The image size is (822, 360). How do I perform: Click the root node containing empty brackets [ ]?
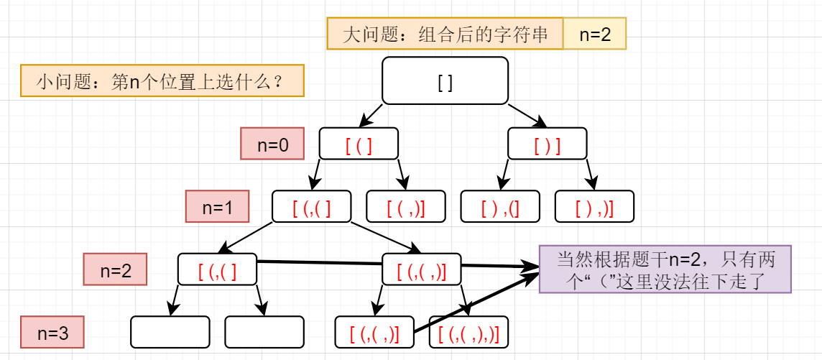coord(445,80)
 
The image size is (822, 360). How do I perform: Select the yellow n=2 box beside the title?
coord(595,34)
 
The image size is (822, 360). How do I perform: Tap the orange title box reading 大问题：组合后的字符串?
coord(445,34)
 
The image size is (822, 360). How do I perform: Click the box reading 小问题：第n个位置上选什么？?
coord(162,80)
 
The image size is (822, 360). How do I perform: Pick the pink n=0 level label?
coord(272,143)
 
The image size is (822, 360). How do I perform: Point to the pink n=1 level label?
coord(217,206)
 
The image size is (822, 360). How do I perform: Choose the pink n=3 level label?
coord(52,332)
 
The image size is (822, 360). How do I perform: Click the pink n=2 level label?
coord(115,269)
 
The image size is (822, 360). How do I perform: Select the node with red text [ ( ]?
coord(359,143)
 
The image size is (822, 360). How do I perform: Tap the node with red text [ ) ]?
coord(548,143)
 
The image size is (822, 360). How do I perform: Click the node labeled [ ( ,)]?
coord(406,206)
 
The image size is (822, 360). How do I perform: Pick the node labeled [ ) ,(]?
coord(500,206)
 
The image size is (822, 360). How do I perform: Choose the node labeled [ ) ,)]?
coord(594,206)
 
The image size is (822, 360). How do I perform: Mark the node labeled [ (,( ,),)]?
coord(468,332)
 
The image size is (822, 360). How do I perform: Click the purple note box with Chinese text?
coord(665,269)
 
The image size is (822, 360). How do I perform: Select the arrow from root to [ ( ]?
coord(371,116)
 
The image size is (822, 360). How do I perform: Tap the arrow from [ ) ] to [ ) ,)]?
coord(591,175)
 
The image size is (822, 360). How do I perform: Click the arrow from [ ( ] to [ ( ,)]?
coord(402,175)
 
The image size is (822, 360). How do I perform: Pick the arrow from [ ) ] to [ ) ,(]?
coord(504,175)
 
